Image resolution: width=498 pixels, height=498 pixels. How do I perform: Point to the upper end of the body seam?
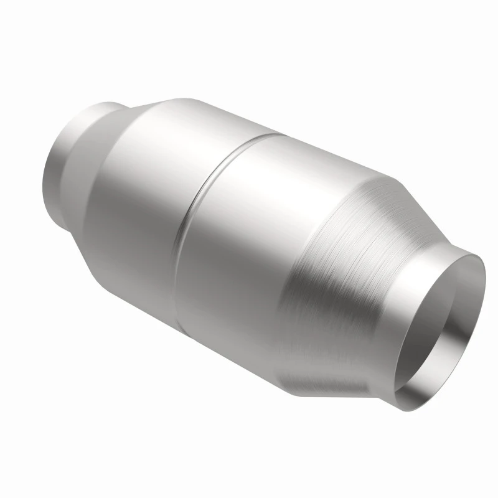tap(274, 132)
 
